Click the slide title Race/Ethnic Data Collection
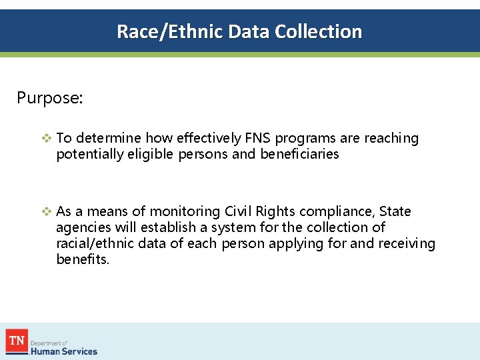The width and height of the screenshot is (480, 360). (x=239, y=31)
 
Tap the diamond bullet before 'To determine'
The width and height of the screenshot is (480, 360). (x=46, y=139)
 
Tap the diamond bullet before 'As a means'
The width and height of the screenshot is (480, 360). (x=46, y=212)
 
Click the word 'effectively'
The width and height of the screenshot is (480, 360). (x=209, y=139)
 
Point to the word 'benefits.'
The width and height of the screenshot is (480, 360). (x=83, y=259)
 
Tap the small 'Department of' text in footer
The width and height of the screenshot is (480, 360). (x=50, y=343)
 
